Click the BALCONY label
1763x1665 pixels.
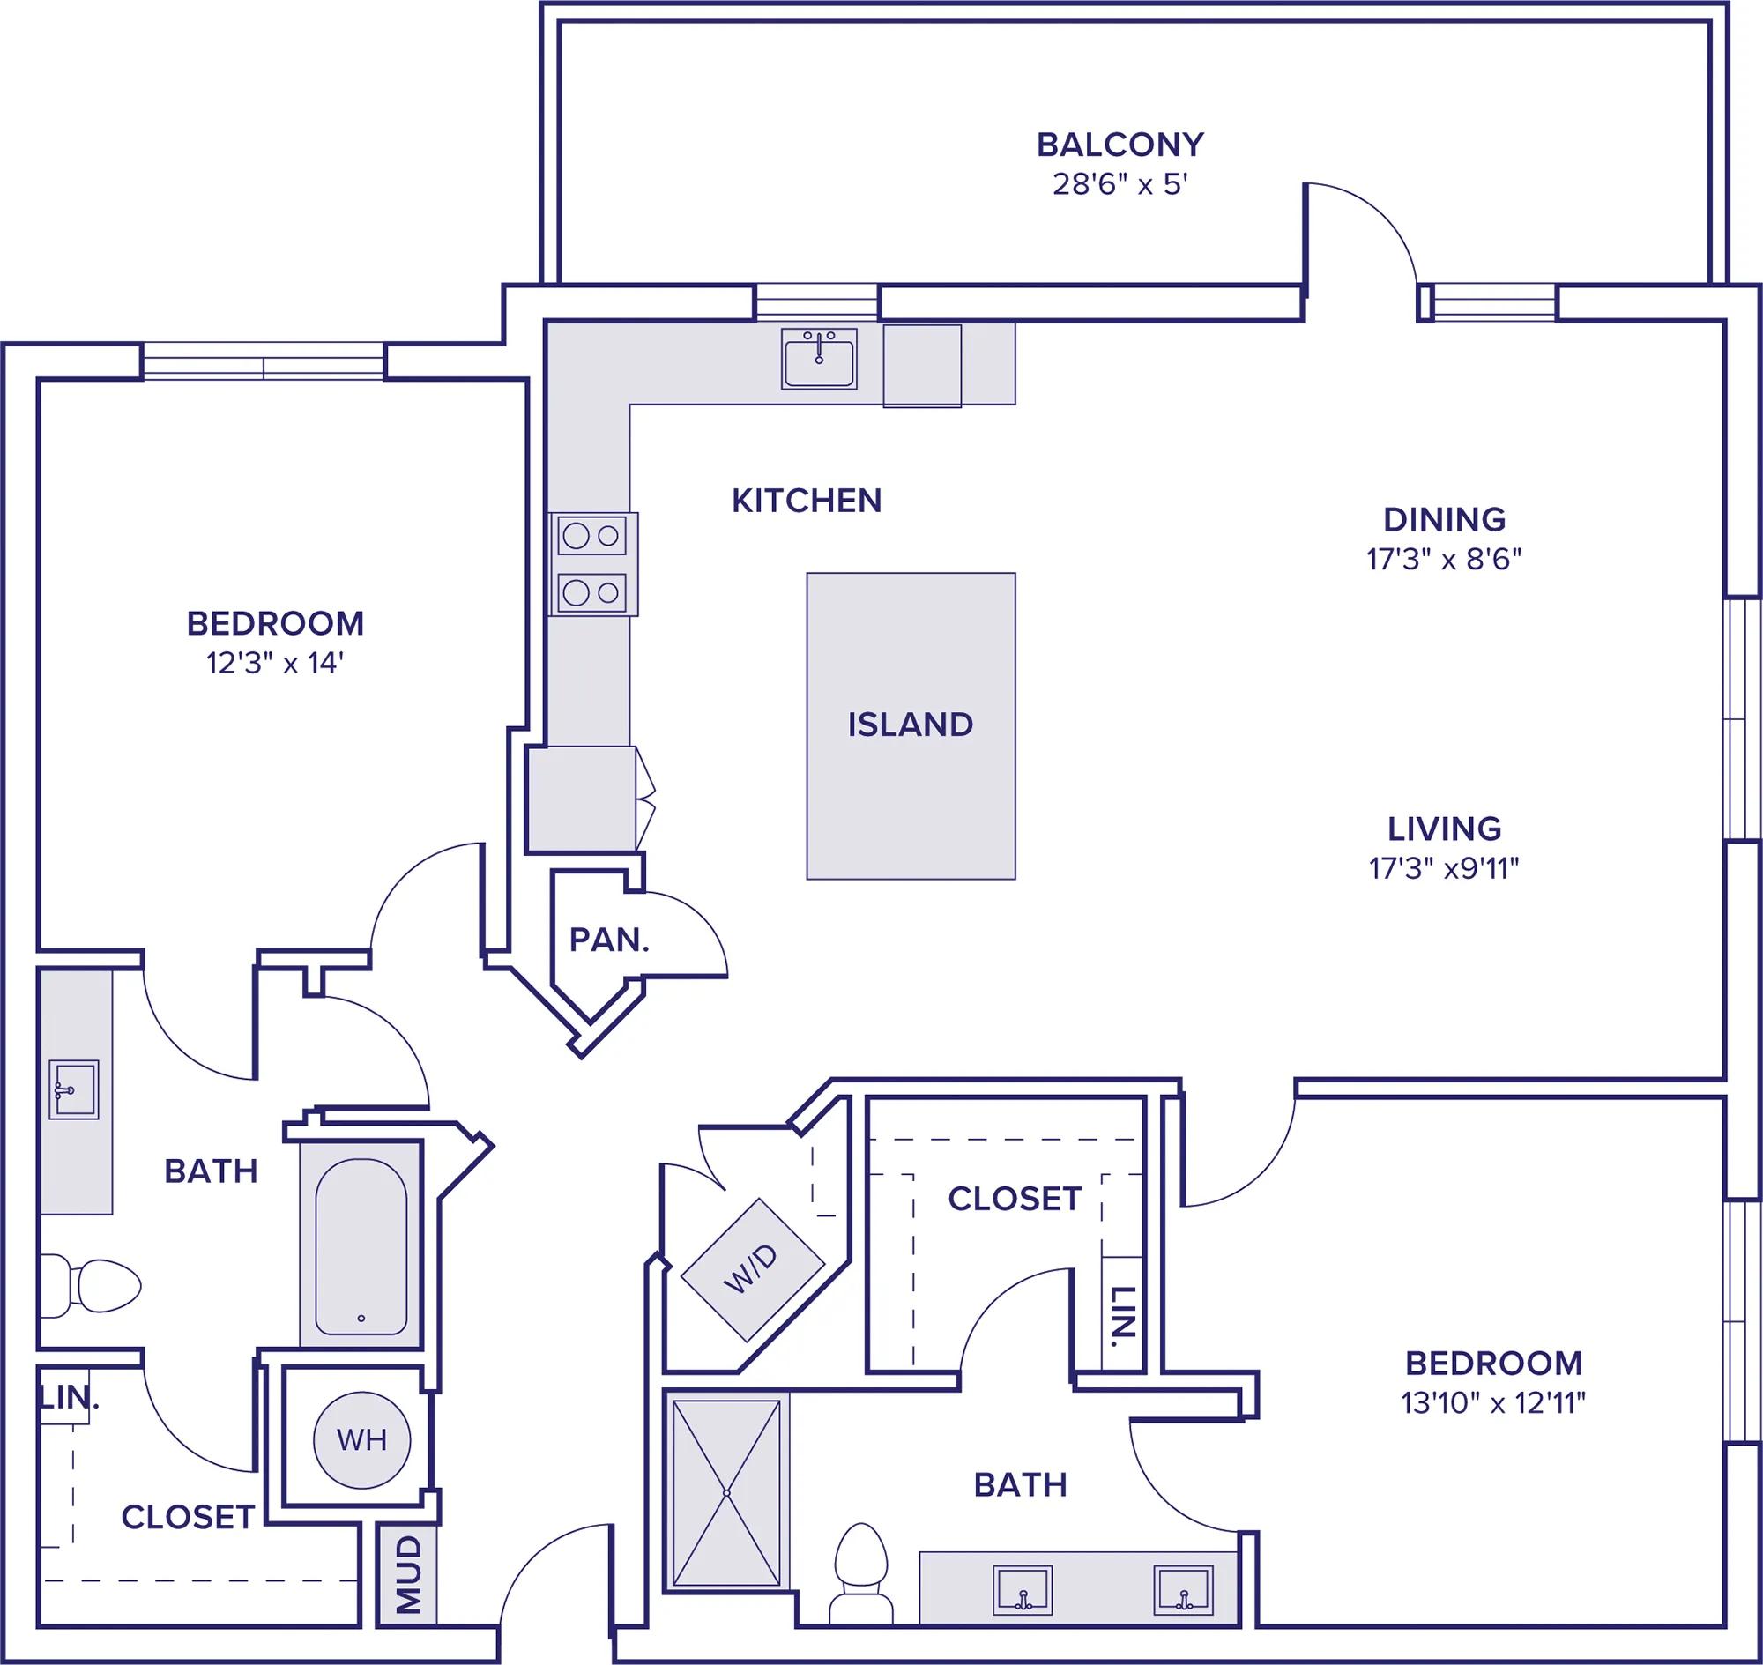coord(1120,144)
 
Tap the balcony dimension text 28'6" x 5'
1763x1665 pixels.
coord(1120,184)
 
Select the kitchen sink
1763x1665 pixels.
coord(818,359)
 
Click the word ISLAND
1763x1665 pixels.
coord(910,725)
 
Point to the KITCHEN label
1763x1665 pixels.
coord(806,502)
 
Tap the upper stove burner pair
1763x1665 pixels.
coord(592,536)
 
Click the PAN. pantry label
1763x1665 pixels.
coord(609,940)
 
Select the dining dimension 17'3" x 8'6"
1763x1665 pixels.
coord(1444,559)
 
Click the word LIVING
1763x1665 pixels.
coord(1444,828)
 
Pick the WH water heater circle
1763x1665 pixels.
coord(362,1439)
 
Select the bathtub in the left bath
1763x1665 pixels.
coord(361,1247)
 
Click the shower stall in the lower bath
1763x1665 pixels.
coord(727,1493)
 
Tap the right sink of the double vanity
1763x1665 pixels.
coord(1183,1589)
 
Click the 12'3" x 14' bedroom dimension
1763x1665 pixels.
coord(275,663)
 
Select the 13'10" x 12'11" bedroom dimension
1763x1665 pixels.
coord(1493,1402)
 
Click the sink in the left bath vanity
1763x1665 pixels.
coord(73,1089)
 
